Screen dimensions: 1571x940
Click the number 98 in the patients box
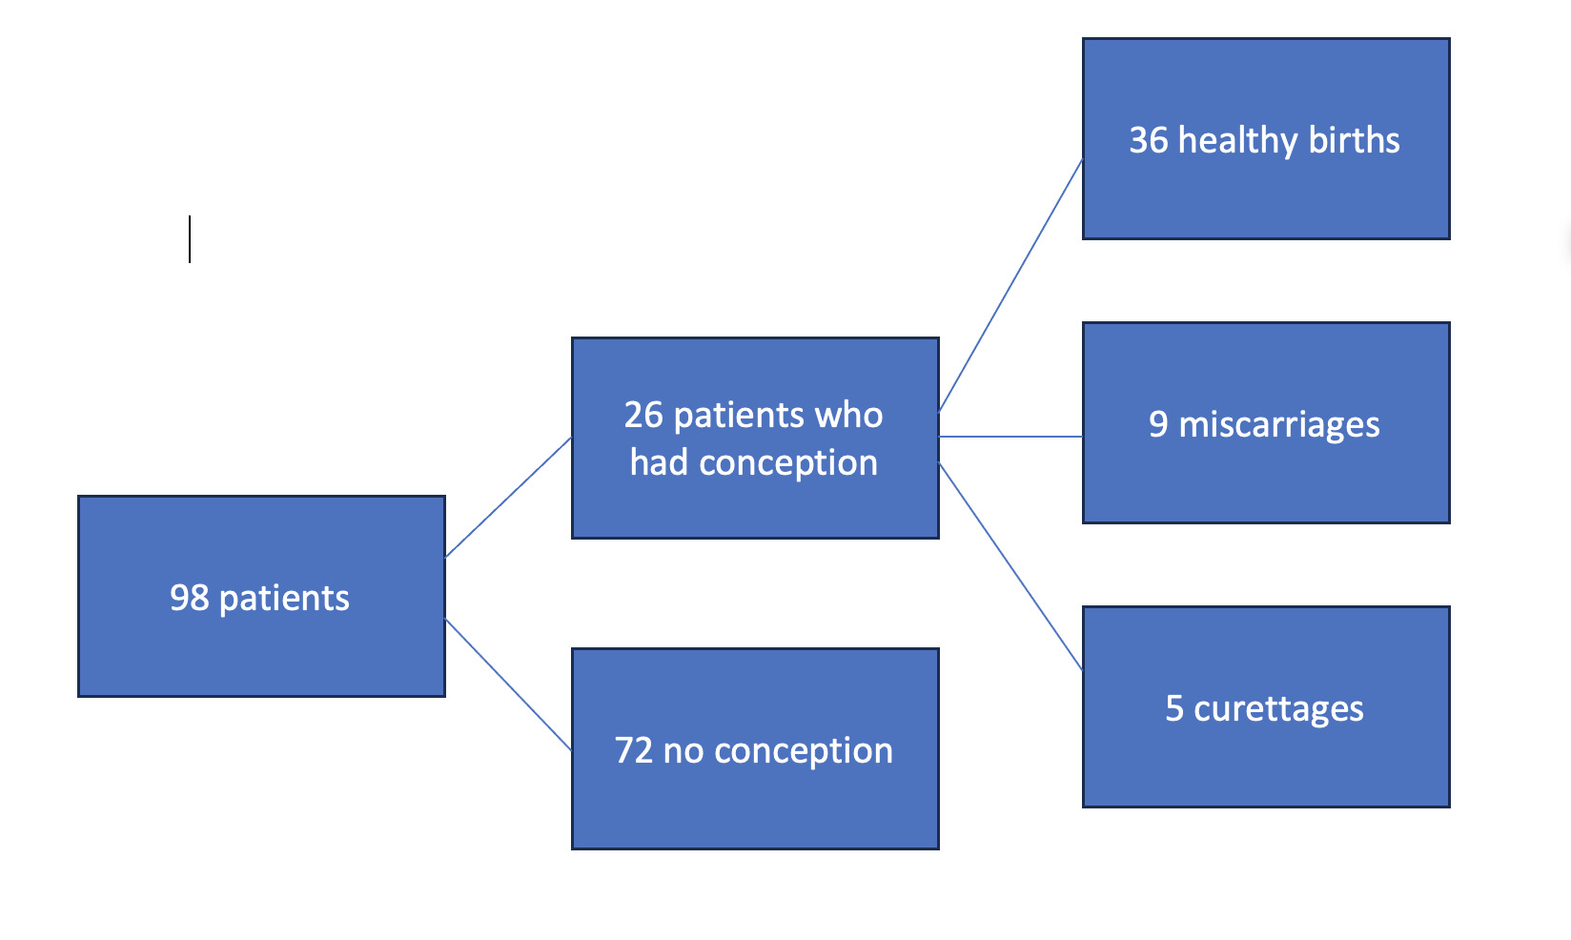coord(190,598)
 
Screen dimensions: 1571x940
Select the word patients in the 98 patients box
coord(284,599)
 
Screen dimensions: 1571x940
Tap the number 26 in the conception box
coord(643,415)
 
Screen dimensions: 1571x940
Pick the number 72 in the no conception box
coord(634,750)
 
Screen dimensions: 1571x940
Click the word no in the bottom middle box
coord(683,752)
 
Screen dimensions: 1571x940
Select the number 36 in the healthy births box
coord(1149,140)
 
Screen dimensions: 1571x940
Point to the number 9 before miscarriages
coord(1158,424)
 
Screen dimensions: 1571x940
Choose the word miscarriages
coord(1279,426)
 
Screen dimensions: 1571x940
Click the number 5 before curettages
coord(1174,708)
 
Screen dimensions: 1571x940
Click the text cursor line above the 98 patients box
coord(190,239)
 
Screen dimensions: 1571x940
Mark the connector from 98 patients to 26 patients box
coord(508,498)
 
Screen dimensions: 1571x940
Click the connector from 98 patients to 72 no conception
coord(508,685)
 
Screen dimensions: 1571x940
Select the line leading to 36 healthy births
coord(1010,285)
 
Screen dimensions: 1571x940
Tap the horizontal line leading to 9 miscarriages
coord(1010,437)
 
